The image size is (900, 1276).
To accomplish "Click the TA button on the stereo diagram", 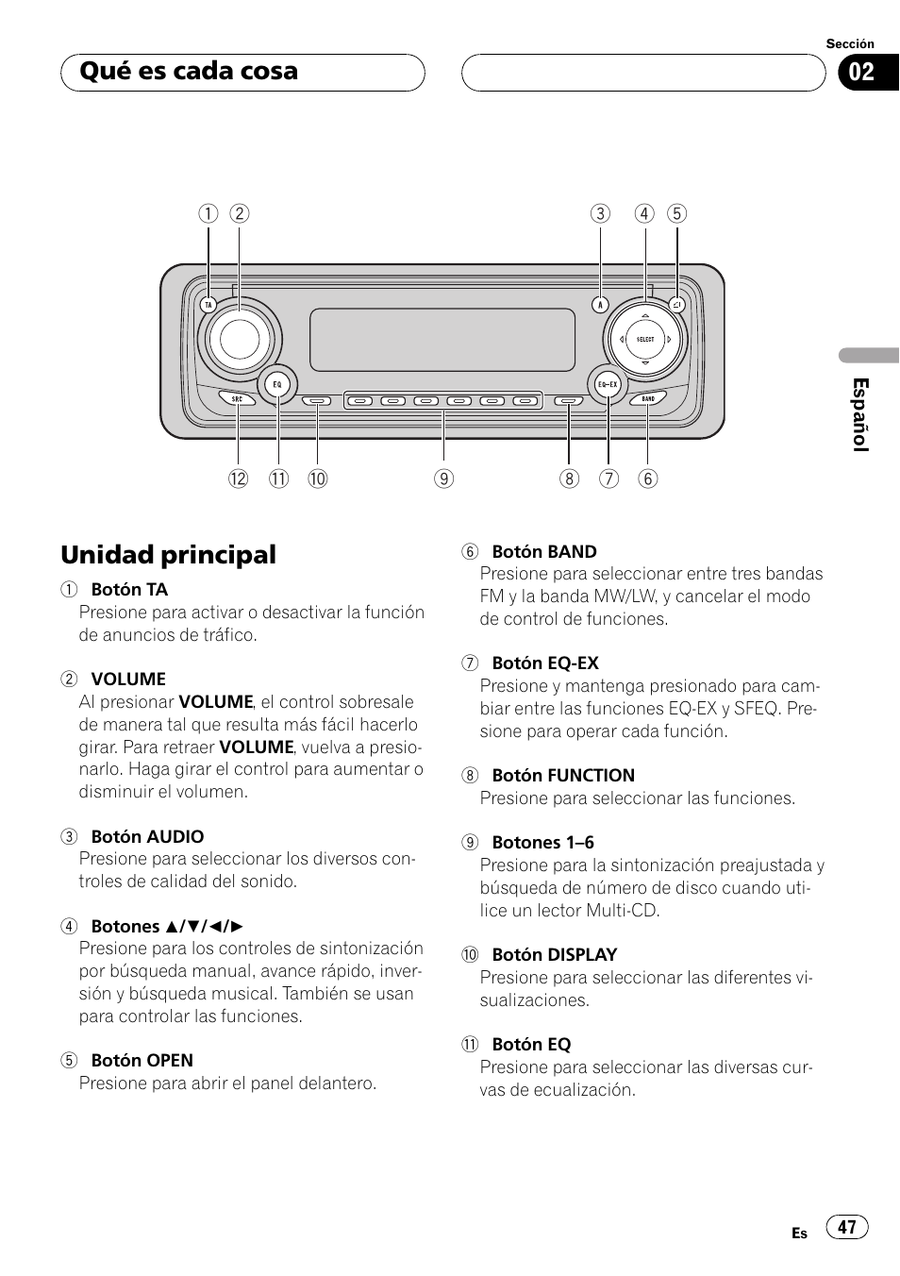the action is (208, 305).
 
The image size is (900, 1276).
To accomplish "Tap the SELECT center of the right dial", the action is (645, 340).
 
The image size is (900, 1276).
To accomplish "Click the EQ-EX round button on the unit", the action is (608, 384).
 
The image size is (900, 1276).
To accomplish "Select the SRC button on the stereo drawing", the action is (237, 399).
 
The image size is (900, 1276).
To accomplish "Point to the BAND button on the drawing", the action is (648, 398).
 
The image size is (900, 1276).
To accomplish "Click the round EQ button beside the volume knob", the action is (277, 384).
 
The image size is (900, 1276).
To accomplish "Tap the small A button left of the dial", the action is (599, 305).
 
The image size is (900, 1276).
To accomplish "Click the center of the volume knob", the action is (240, 340).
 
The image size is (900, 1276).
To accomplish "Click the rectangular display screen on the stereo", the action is (442, 340).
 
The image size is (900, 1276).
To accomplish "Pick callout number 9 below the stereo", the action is (443, 478).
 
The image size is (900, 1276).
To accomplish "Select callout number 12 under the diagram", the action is (238, 478).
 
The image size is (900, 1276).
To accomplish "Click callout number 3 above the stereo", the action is (599, 213).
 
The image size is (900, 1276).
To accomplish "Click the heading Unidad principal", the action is (168, 555).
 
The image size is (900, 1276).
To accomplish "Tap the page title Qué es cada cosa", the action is (189, 71).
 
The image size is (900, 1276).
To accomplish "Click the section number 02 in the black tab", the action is (861, 73).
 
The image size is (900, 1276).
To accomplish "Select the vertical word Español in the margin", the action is (860, 414).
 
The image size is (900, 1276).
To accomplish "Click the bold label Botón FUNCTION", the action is (563, 775).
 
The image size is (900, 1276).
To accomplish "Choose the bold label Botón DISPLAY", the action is (555, 955).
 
